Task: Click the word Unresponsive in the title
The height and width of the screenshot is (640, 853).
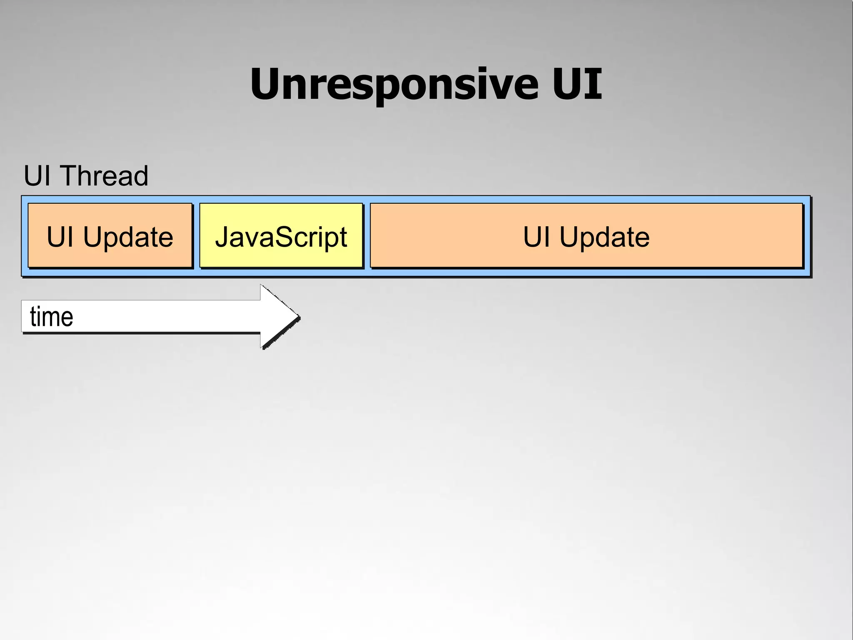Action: coord(394,84)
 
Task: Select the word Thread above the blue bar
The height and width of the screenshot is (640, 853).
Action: coord(105,176)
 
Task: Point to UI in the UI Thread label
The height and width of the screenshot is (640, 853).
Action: coord(37,176)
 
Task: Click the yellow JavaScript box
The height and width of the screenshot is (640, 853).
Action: coord(281,235)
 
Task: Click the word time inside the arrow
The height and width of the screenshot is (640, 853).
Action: coord(52,317)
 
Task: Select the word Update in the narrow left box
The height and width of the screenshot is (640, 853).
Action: coord(128,237)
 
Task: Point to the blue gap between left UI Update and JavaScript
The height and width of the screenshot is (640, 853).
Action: coord(196,235)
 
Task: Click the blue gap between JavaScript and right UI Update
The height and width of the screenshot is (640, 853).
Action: coord(367,235)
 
